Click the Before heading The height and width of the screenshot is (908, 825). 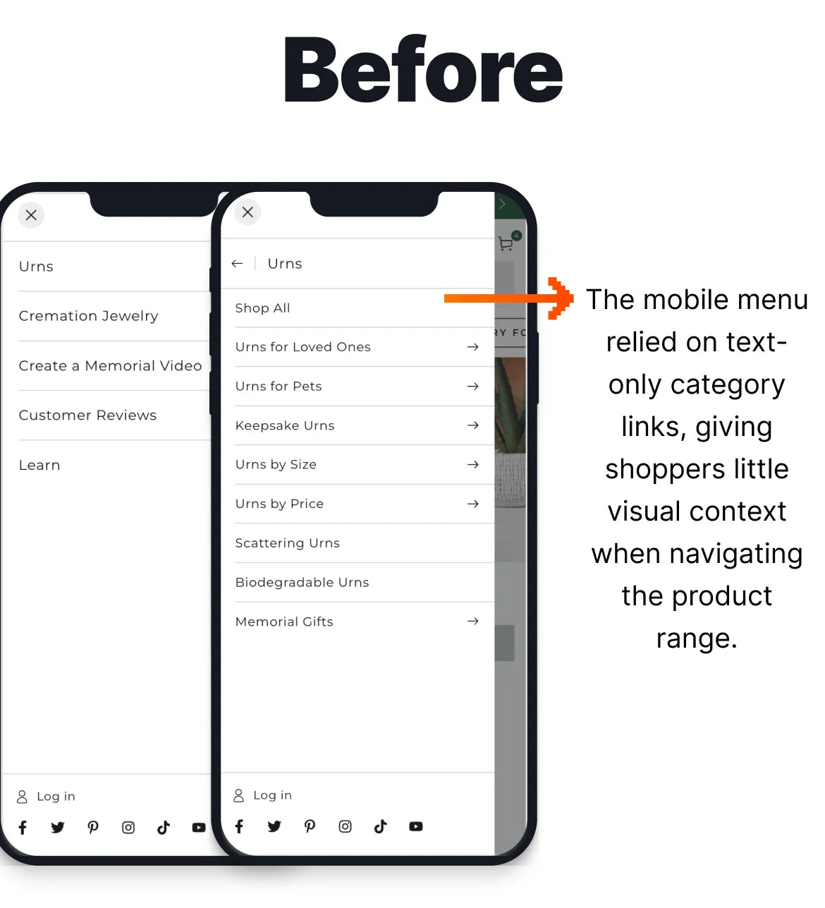422,68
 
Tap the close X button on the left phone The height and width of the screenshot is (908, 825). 31,215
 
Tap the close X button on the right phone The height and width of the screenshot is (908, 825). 248,212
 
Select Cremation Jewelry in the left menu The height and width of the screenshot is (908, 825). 89,315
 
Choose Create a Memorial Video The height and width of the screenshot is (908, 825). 111,365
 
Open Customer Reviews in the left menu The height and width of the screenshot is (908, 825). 88,415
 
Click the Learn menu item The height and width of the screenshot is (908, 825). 39,465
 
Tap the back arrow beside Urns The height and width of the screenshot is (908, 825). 237,263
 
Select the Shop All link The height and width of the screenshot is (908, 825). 262,308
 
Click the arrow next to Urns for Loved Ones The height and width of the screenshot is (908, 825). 473,346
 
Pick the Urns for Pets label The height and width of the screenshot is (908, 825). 279,386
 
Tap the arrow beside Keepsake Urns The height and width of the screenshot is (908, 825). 473,425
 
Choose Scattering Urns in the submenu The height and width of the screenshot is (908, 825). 288,543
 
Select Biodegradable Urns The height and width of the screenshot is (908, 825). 302,582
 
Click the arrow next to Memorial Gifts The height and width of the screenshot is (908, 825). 473,621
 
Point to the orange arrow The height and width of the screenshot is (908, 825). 508,298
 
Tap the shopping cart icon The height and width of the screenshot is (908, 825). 506,243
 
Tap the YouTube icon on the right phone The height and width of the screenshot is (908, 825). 416,827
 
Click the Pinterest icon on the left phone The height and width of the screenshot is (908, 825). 93,828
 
